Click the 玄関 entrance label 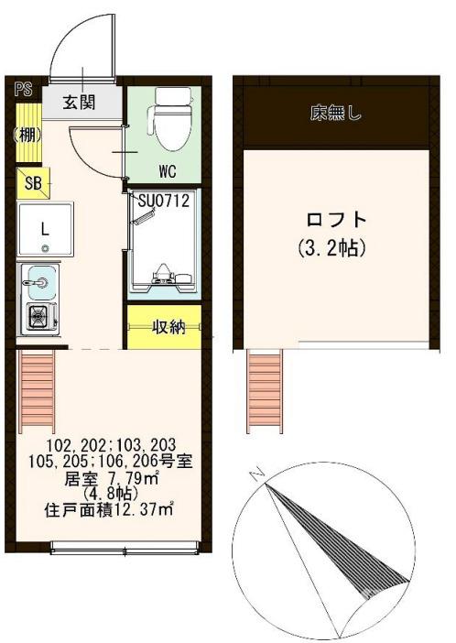tap(79, 102)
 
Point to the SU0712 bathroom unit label tap(164, 201)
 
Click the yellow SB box tap(33, 182)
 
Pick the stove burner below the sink tap(38, 318)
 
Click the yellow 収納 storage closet tap(165, 327)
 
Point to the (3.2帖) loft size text tap(331, 248)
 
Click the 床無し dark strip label tap(334, 114)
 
